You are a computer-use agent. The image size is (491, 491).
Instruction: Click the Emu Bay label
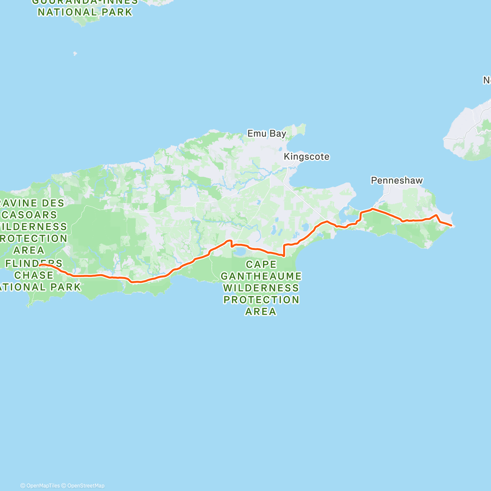coord(267,133)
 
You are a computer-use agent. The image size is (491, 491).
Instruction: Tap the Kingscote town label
coord(306,157)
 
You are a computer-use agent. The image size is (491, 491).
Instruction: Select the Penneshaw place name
coord(396,180)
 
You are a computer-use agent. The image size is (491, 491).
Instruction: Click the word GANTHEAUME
coord(261,276)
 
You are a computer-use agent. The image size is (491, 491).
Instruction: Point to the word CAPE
coord(261,265)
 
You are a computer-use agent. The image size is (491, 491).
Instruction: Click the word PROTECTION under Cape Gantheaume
coord(261,300)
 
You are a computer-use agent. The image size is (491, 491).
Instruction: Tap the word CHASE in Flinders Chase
coord(34,275)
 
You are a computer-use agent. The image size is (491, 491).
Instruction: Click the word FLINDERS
coord(34,263)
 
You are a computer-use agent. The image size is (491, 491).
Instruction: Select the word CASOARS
coord(30,215)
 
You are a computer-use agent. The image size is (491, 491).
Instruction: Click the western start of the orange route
coord(40,265)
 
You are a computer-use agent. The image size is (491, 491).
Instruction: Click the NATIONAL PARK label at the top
coord(85,12)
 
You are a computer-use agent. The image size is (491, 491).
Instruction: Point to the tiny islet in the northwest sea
coord(74,53)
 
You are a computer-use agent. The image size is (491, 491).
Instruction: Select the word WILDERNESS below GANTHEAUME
coord(261,288)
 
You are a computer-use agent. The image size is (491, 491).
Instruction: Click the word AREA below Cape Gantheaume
coord(261,312)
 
